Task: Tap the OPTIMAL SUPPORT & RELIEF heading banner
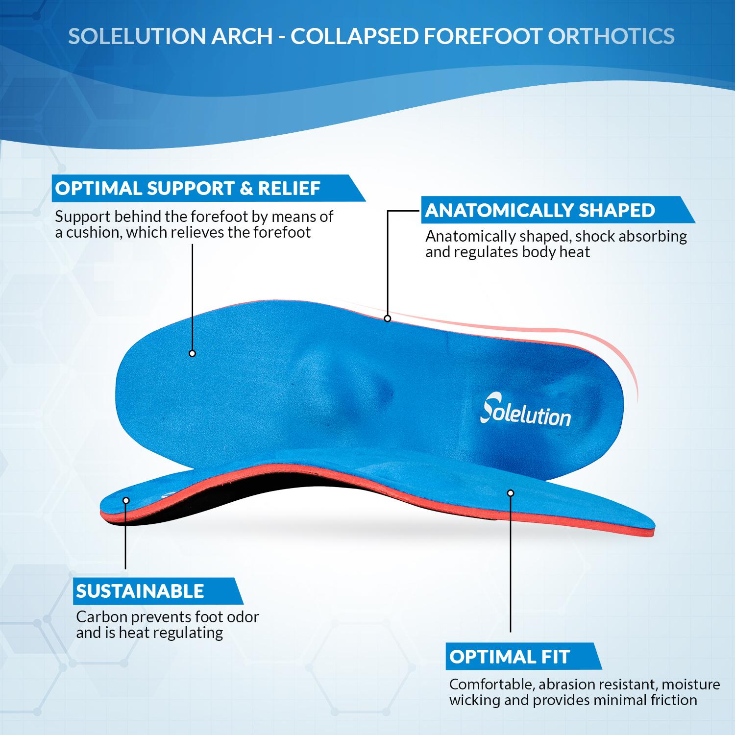pyautogui.click(x=188, y=188)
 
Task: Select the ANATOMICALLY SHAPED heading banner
pyautogui.click(x=540, y=210)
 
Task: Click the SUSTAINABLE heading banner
pyautogui.click(x=140, y=591)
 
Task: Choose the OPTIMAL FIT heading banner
pyautogui.click(x=510, y=657)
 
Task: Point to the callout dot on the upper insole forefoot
pyautogui.click(x=192, y=353)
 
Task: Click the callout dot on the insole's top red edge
pyautogui.click(x=388, y=318)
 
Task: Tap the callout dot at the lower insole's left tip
pyautogui.click(x=126, y=500)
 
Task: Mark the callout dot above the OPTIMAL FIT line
pyautogui.click(x=511, y=492)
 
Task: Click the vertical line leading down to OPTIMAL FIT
pyautogui.click(x=511, y=563)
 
